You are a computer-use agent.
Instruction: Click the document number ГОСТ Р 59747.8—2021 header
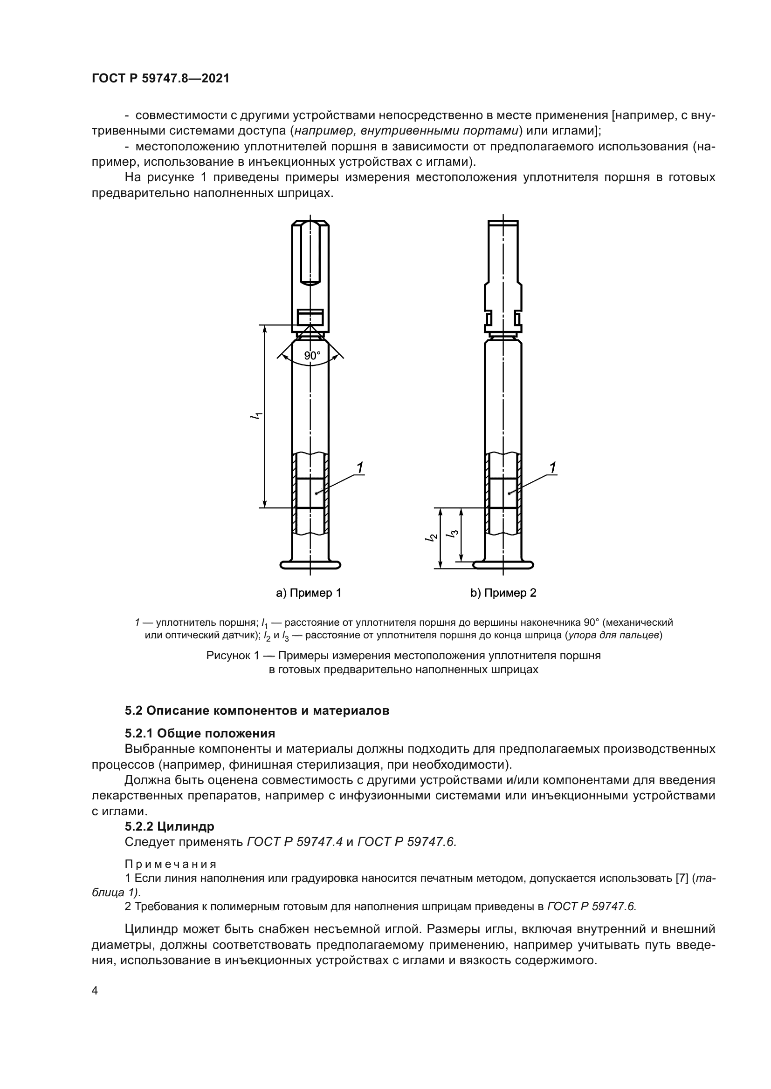160,79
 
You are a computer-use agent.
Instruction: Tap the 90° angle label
312,356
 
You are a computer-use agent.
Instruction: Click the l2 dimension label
432,537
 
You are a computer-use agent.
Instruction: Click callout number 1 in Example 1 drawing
360,467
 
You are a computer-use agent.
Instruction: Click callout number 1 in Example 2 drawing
553,467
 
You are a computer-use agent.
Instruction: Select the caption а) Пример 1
309,593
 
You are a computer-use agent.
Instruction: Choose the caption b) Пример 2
503,593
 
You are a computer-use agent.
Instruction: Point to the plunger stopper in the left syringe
310,493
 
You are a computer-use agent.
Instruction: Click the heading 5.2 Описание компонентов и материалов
257,710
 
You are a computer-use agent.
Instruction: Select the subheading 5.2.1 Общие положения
200,733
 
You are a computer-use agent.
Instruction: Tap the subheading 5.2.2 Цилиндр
170,826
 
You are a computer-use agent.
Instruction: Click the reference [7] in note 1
682,878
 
